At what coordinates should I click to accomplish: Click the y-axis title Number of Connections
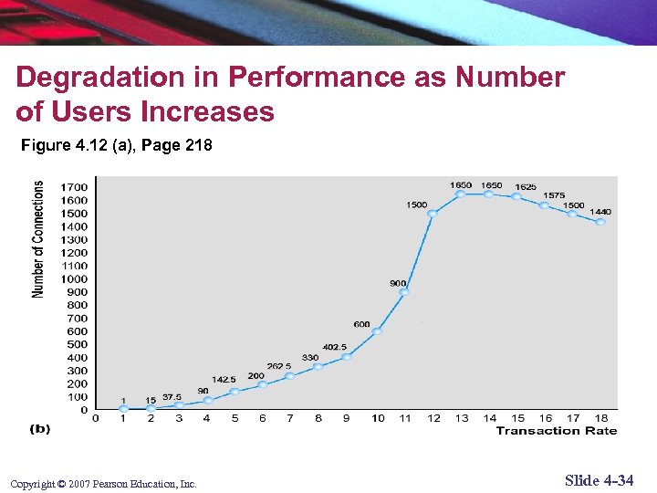click(38, 238)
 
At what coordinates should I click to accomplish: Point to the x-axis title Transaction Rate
click(556, 431)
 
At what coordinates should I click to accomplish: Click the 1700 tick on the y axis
click(74, 186)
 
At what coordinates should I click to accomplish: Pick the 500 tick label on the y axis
click(78, 344)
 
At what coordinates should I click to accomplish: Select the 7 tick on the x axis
click(290, 419)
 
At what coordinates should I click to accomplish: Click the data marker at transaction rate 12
click(433, 214)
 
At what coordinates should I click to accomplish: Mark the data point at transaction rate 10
click(377, 331)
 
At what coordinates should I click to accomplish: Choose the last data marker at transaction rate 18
click(600, 222)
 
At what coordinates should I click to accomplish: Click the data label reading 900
click(398, 284)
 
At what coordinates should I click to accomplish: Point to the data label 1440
click(600, 212)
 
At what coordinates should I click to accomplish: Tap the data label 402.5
click(333, 347)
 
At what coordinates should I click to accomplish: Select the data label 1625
click(525, 187)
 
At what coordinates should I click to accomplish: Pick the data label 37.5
click(172, 397)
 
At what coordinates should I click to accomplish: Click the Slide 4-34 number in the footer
click(599, 481)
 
